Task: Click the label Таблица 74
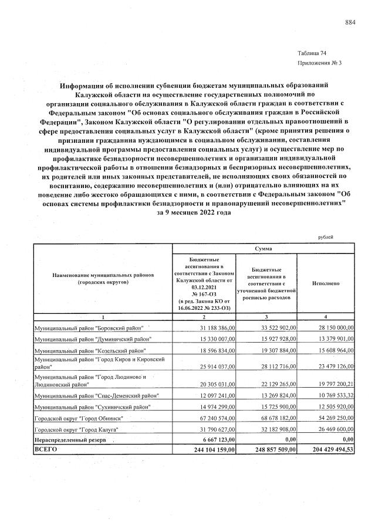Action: pyautogui.click(x=312, y=53)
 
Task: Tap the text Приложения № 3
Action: pyautogui.click(x=319, y=62)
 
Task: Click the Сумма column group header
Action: pyautogui.click(x=263, y=248)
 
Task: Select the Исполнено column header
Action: pyautogui.click(x=326, y=283)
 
